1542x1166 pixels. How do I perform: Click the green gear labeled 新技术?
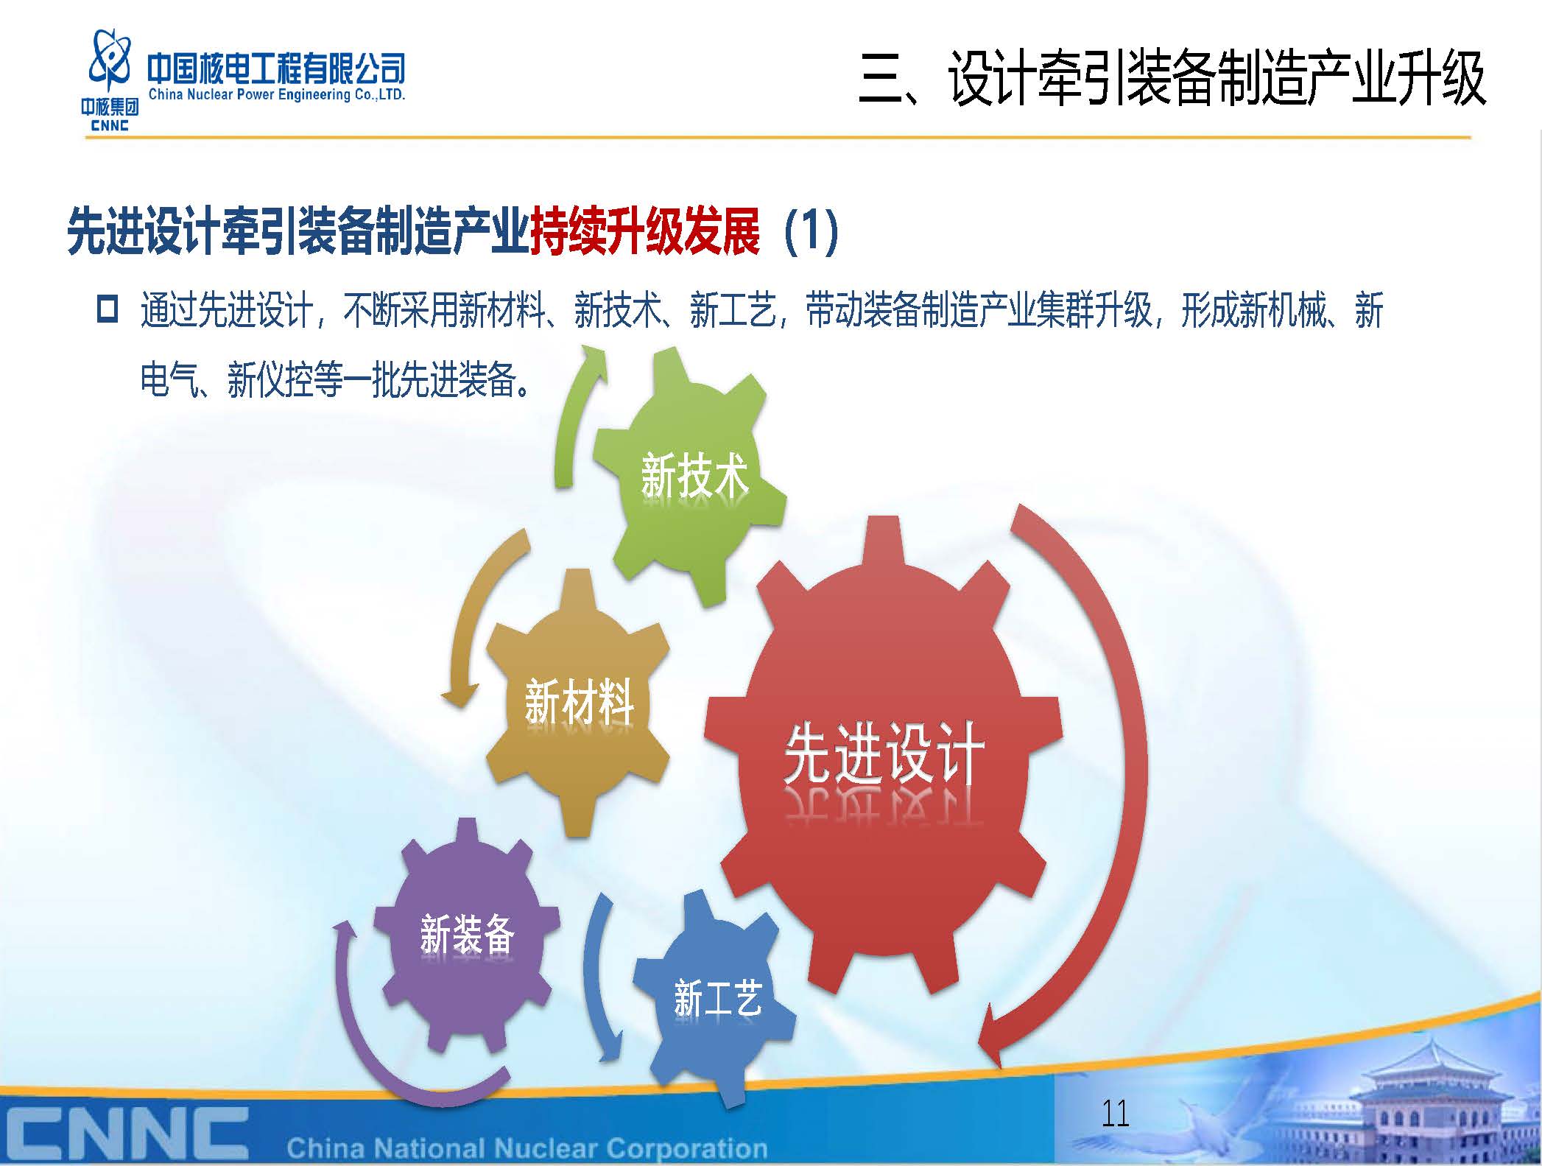pyautogui.click(x=689, y=477)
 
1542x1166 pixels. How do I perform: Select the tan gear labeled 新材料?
pyautogui.click(x=578, y=703)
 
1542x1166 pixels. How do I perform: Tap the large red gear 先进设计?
pyautogui.click(x=884, y=759)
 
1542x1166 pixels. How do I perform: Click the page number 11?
pyautogui.click(x=1115, y=1113)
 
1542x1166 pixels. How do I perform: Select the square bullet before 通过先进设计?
pyautogui.click(x=108, y=309)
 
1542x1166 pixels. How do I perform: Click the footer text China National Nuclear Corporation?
pyautogui.click(x=527, y=1148)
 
